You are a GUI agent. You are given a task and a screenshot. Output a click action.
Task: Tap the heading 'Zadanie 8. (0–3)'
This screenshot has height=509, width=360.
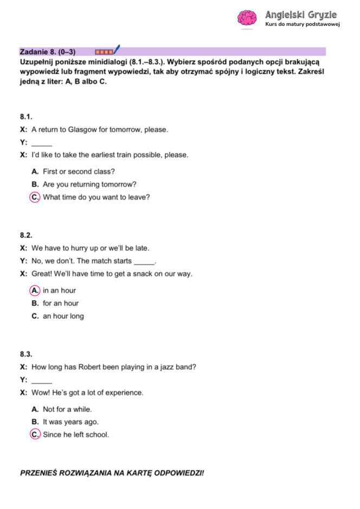[48, 52]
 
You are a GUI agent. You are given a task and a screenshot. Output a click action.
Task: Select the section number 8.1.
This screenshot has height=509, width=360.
[27, 117]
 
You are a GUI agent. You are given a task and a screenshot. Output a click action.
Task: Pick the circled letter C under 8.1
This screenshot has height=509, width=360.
[35, 197]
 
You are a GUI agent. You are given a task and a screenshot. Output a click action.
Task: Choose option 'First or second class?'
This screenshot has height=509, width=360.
[79, 172]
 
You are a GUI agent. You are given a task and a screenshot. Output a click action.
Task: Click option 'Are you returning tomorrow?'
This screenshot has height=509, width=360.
[89, 184]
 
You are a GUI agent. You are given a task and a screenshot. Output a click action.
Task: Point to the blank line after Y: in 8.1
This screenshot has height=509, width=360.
[42, 143]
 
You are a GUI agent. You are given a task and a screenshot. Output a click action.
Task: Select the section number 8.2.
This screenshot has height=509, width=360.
[27, 235]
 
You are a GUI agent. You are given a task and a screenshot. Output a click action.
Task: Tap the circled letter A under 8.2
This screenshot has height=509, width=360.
[35, 291]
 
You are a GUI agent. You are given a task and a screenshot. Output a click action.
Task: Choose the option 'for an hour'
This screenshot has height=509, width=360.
[61, 304]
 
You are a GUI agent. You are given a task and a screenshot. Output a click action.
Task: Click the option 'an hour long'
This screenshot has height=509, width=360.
[63, 316]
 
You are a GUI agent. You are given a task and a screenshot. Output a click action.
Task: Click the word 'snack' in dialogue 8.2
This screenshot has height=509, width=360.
[139, 274]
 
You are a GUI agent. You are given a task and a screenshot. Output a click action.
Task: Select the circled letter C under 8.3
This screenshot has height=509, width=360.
[35, 435]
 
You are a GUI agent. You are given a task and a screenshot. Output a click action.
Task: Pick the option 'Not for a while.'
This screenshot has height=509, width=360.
[67, 409]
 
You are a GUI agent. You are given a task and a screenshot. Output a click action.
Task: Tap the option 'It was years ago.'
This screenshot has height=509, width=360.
[70, 422]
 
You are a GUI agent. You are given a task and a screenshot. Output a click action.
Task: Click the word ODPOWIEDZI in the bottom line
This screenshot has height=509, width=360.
[179, 473]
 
